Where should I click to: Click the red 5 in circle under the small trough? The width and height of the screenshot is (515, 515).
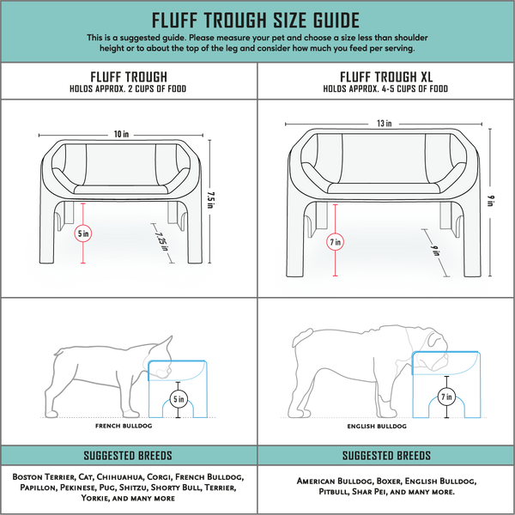point(82,233)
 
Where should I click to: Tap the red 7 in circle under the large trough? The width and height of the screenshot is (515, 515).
point(336,243)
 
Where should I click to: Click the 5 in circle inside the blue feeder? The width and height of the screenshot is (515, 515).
point(177,398)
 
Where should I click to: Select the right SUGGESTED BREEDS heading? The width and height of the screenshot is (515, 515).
point(386,456)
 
